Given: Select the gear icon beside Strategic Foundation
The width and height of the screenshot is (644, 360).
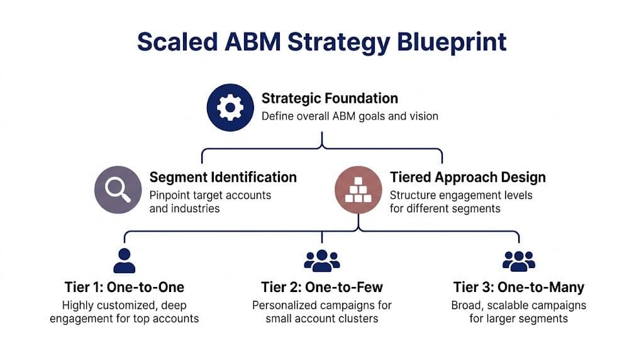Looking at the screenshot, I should click(x=230, y=108).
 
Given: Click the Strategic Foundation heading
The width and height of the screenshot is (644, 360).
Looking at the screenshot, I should click(x=330, y=98).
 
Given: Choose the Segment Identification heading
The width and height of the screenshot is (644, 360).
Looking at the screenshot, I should click(x=223, y=177).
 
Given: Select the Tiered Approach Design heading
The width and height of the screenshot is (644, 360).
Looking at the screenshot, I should click(x=468, y=177).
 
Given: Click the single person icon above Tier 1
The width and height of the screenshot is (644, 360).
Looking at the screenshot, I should click(x=124, y=260).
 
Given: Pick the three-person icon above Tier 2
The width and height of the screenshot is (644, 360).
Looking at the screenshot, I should click(x=321, y=260).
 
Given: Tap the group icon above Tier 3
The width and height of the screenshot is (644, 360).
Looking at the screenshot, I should click(x=519, y=260).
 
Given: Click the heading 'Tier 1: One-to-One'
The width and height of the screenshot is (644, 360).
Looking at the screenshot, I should click(x=125, y=288).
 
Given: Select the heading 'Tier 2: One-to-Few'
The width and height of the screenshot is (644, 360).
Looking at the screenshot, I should click(x=322, y=288).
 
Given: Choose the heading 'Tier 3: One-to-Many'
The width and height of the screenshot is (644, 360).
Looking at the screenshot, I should click(x=519, y=288).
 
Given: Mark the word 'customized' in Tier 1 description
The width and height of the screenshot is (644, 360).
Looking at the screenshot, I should click(x=130, y=305).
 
